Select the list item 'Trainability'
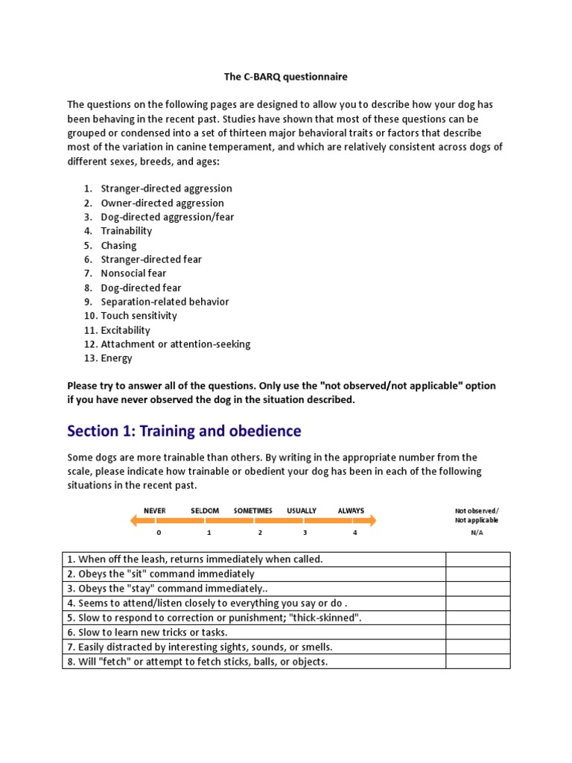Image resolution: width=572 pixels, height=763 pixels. pos(126,231)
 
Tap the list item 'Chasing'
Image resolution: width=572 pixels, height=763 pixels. pos(118,245)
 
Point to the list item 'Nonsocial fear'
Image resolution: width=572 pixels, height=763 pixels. pos(133,273)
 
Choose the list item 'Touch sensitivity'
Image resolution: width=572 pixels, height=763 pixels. pos(139,316)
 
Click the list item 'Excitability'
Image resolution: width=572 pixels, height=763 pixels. pos(125,330)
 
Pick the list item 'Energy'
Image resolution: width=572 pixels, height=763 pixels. pos(116,358)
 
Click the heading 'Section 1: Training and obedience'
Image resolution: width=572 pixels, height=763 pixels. pos(184,431)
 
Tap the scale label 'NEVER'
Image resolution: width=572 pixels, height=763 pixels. pos(155,510)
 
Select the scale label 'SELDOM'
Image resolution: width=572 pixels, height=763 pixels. pos(205,510)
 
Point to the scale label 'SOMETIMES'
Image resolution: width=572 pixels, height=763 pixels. pos(253,510)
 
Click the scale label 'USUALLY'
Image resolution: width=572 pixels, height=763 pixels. pos(302,510)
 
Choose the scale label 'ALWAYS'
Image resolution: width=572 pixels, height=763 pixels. pos(351,510)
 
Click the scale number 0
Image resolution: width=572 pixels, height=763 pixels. pos(159,533)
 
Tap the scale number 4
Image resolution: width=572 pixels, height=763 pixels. pos(355,533)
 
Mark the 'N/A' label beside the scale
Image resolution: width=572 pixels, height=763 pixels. pos(477,533)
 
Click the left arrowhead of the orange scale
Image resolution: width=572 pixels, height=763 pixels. pos(135,521)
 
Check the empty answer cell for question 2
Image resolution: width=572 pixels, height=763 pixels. pos(477,574)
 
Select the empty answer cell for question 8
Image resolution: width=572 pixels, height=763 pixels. pos(477,662)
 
